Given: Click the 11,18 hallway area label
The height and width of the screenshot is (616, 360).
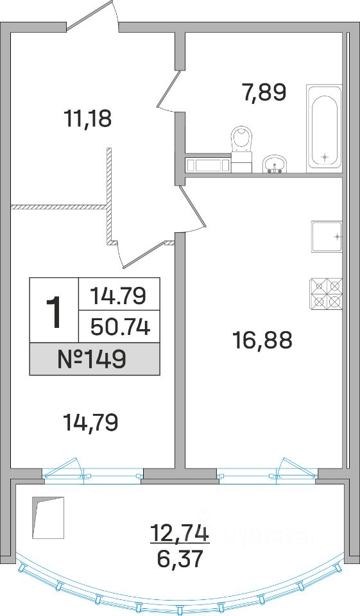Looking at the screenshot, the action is (x=88, y=119).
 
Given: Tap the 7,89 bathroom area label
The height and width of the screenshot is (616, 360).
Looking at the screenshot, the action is (x=263, y=92).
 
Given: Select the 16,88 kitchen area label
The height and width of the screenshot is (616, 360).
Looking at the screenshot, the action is (x=262, y=340).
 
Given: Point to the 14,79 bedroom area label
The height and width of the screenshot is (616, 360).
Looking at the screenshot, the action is (x=90, y=423).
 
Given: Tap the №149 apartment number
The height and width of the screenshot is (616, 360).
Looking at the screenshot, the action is (x=94, y=359).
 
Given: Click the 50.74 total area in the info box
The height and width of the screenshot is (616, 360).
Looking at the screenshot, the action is (x=120, y=327).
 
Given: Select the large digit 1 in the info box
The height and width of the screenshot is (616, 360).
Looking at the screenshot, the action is (x=54, y=312).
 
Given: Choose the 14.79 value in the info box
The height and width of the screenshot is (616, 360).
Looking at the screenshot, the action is (x=118, y=295).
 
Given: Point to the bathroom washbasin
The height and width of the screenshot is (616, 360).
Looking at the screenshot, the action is (x=275, y=164).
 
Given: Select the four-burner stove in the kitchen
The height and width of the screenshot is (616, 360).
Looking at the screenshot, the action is (x=327, y=294).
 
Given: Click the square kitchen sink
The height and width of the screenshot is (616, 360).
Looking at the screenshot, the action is (x=327, y=237).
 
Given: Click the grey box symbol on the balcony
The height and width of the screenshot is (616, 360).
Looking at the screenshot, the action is (x=48, y=518).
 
